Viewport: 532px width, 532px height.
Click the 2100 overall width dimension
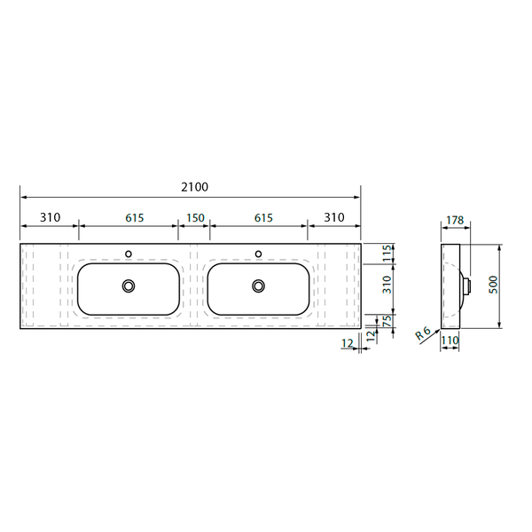[x=194, y=187]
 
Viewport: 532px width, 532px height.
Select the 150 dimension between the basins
[x=195, y=218]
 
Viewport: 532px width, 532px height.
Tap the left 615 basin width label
[x=135, y=218]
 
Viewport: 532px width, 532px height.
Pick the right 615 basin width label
[x=263, y=218]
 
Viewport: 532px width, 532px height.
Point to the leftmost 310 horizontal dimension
[x=51, y=217]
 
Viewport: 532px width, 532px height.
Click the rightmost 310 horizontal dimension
[x=334, y=217]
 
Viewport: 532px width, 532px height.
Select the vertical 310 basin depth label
[x=387, y=285]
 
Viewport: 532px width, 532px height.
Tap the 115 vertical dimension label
[x=387, y=253]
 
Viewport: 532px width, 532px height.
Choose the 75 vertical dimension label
[x=387, y=321]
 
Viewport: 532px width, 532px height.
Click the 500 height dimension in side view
[x=494, y=285]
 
